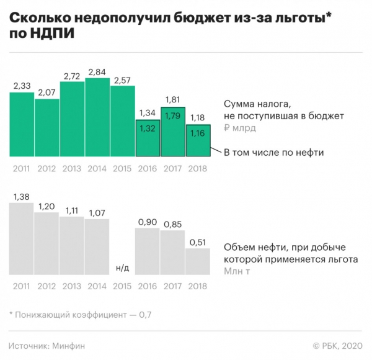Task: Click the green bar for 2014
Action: pyautogui.click(x=97, y=118)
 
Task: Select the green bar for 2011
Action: pyautogui.click(x=22, y=124)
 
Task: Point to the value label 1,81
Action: pyautogui.click(x=173, y=99)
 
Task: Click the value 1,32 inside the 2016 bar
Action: pyautogui.click(x=148, y=127)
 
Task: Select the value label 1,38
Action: pyautogui.click(x=22, y=196)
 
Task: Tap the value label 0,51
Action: pyautogui.click(x=198, y=241)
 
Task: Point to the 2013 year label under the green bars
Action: pyautogui.click(x=72, y=167)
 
